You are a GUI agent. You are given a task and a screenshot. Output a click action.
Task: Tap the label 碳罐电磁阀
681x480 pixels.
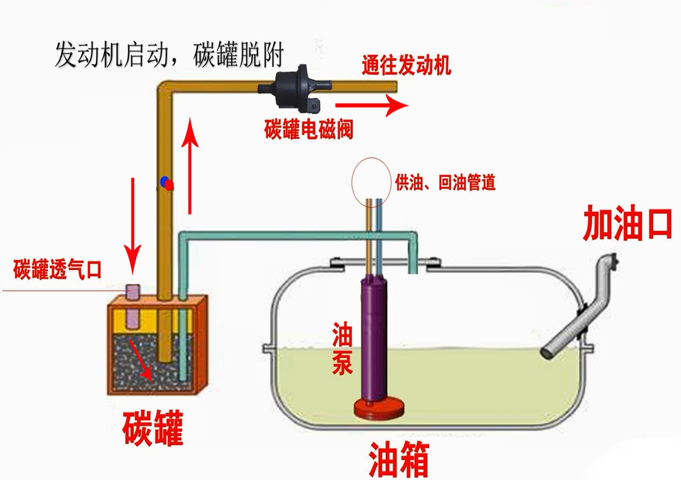click(308, 129)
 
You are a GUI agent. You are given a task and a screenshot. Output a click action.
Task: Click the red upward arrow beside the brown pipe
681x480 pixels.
click(190, 165)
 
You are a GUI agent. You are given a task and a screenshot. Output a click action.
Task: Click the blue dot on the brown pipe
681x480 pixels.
click(164, 181)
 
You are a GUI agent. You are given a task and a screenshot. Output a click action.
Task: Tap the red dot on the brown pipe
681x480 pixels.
click(169, 185)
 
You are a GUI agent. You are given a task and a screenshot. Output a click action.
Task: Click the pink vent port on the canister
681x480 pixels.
click(132, 292)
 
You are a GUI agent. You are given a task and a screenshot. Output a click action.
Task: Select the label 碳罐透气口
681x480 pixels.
click(57, 269)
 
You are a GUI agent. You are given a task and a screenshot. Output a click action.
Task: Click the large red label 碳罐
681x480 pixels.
click(152, 428)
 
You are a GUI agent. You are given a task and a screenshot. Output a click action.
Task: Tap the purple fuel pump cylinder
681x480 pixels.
click(375, 338)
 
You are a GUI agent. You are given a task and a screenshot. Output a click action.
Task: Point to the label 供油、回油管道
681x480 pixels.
click(445, 182)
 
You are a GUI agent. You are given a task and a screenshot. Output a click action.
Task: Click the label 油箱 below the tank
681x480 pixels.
click(398, 459)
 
